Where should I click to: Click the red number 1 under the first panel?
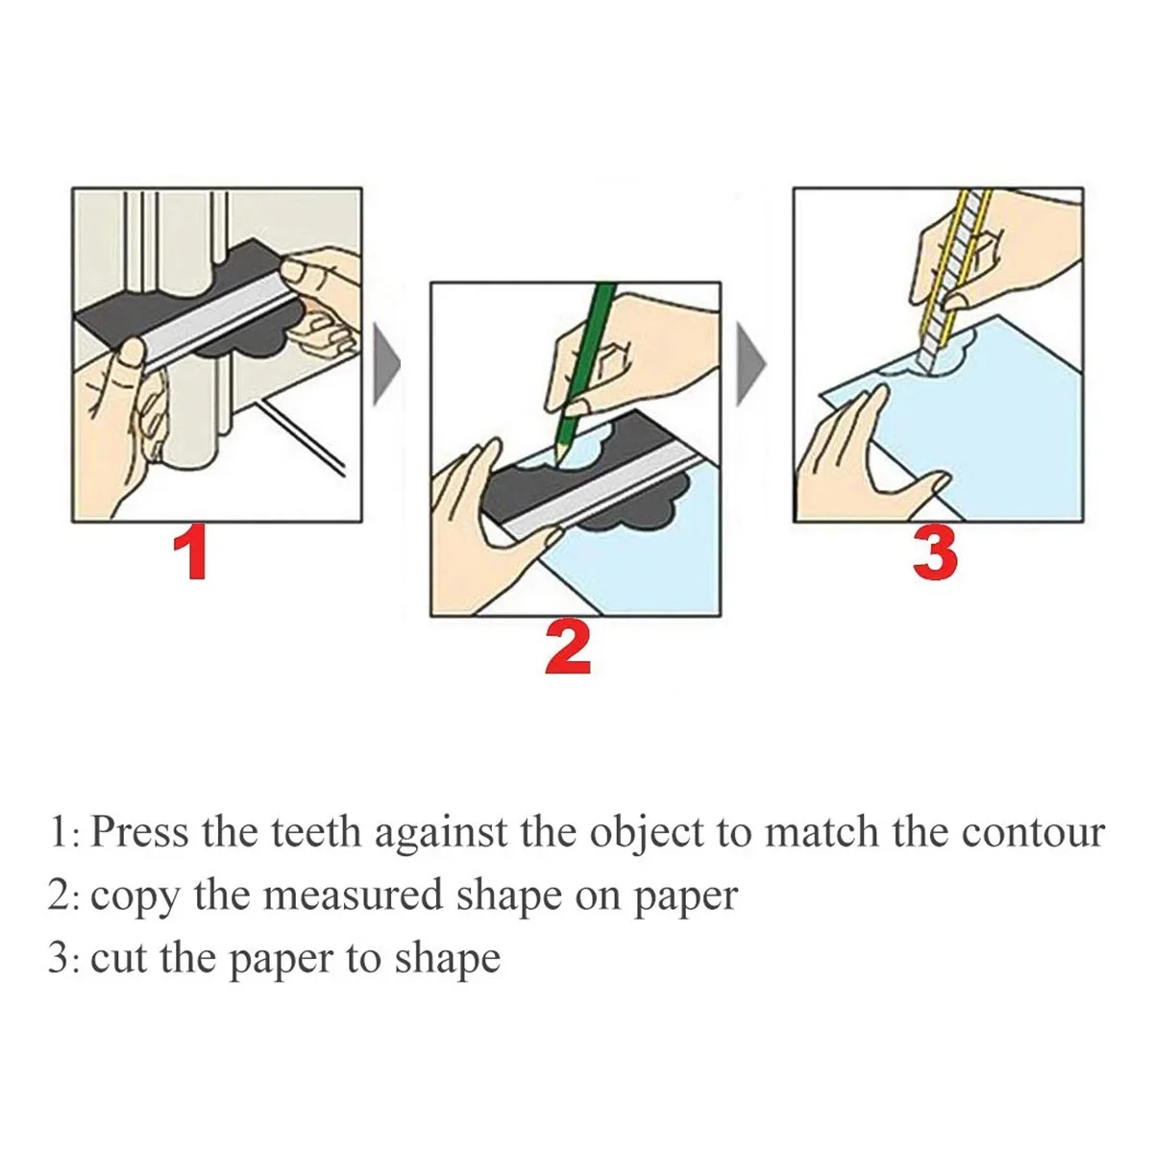(x=191, y=555)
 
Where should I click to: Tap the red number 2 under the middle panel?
(x=568, y=649)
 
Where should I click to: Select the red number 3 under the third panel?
(x=934, y=555)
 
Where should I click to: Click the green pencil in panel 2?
(x=587, y=370)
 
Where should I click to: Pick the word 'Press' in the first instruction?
(x=138, y=832)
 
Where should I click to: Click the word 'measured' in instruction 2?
(x=353, y=895)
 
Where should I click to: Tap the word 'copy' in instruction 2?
(x=135, y=901)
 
